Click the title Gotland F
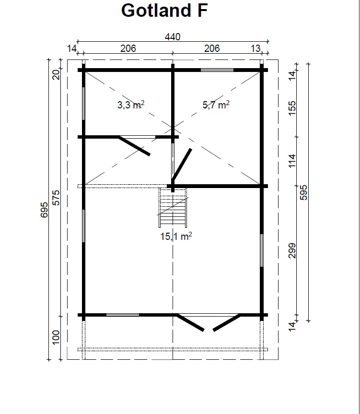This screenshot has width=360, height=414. point(164,11)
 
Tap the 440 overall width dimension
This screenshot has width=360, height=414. point(173,37)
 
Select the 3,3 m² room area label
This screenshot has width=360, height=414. point(131,105)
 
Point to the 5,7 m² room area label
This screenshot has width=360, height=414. point(216,105)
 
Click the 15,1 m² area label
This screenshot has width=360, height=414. point(176,236)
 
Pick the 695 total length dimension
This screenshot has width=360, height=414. point(44,210)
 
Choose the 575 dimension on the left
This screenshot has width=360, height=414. point(56,198)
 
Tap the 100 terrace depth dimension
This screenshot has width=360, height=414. point(56,337)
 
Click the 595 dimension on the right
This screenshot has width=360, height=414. point(303,192)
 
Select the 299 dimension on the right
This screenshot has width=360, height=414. point(292,250)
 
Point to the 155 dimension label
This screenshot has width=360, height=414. point(292,108)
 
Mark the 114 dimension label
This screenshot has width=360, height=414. point(292,161)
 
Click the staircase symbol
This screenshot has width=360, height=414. point(173,208)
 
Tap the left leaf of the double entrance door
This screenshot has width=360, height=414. point(190,322)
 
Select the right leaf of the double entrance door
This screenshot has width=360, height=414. point(227,322)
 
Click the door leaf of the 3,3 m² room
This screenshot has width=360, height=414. point(134,146)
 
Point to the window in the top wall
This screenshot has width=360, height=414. point(217,70)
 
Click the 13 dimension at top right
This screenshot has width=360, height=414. point(255,48)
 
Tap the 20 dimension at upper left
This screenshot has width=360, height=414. point(56,75)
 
